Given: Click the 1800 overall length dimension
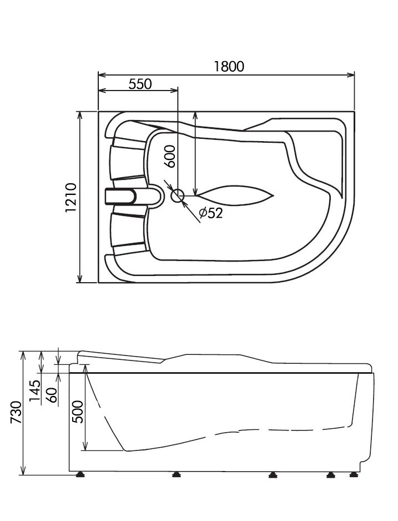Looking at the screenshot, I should [x=229, y=66].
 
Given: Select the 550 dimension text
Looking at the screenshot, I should [x=140, y=84].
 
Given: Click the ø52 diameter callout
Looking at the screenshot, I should [x=210, y=213].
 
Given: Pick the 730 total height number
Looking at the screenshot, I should [x=16, y=413].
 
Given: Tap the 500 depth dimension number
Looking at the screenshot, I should [x=78, y=412].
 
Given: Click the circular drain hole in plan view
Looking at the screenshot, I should [x=178, y=196].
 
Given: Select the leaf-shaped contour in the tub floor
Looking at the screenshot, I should [x=236, y=196].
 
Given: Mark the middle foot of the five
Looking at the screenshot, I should [x=273, y=475].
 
